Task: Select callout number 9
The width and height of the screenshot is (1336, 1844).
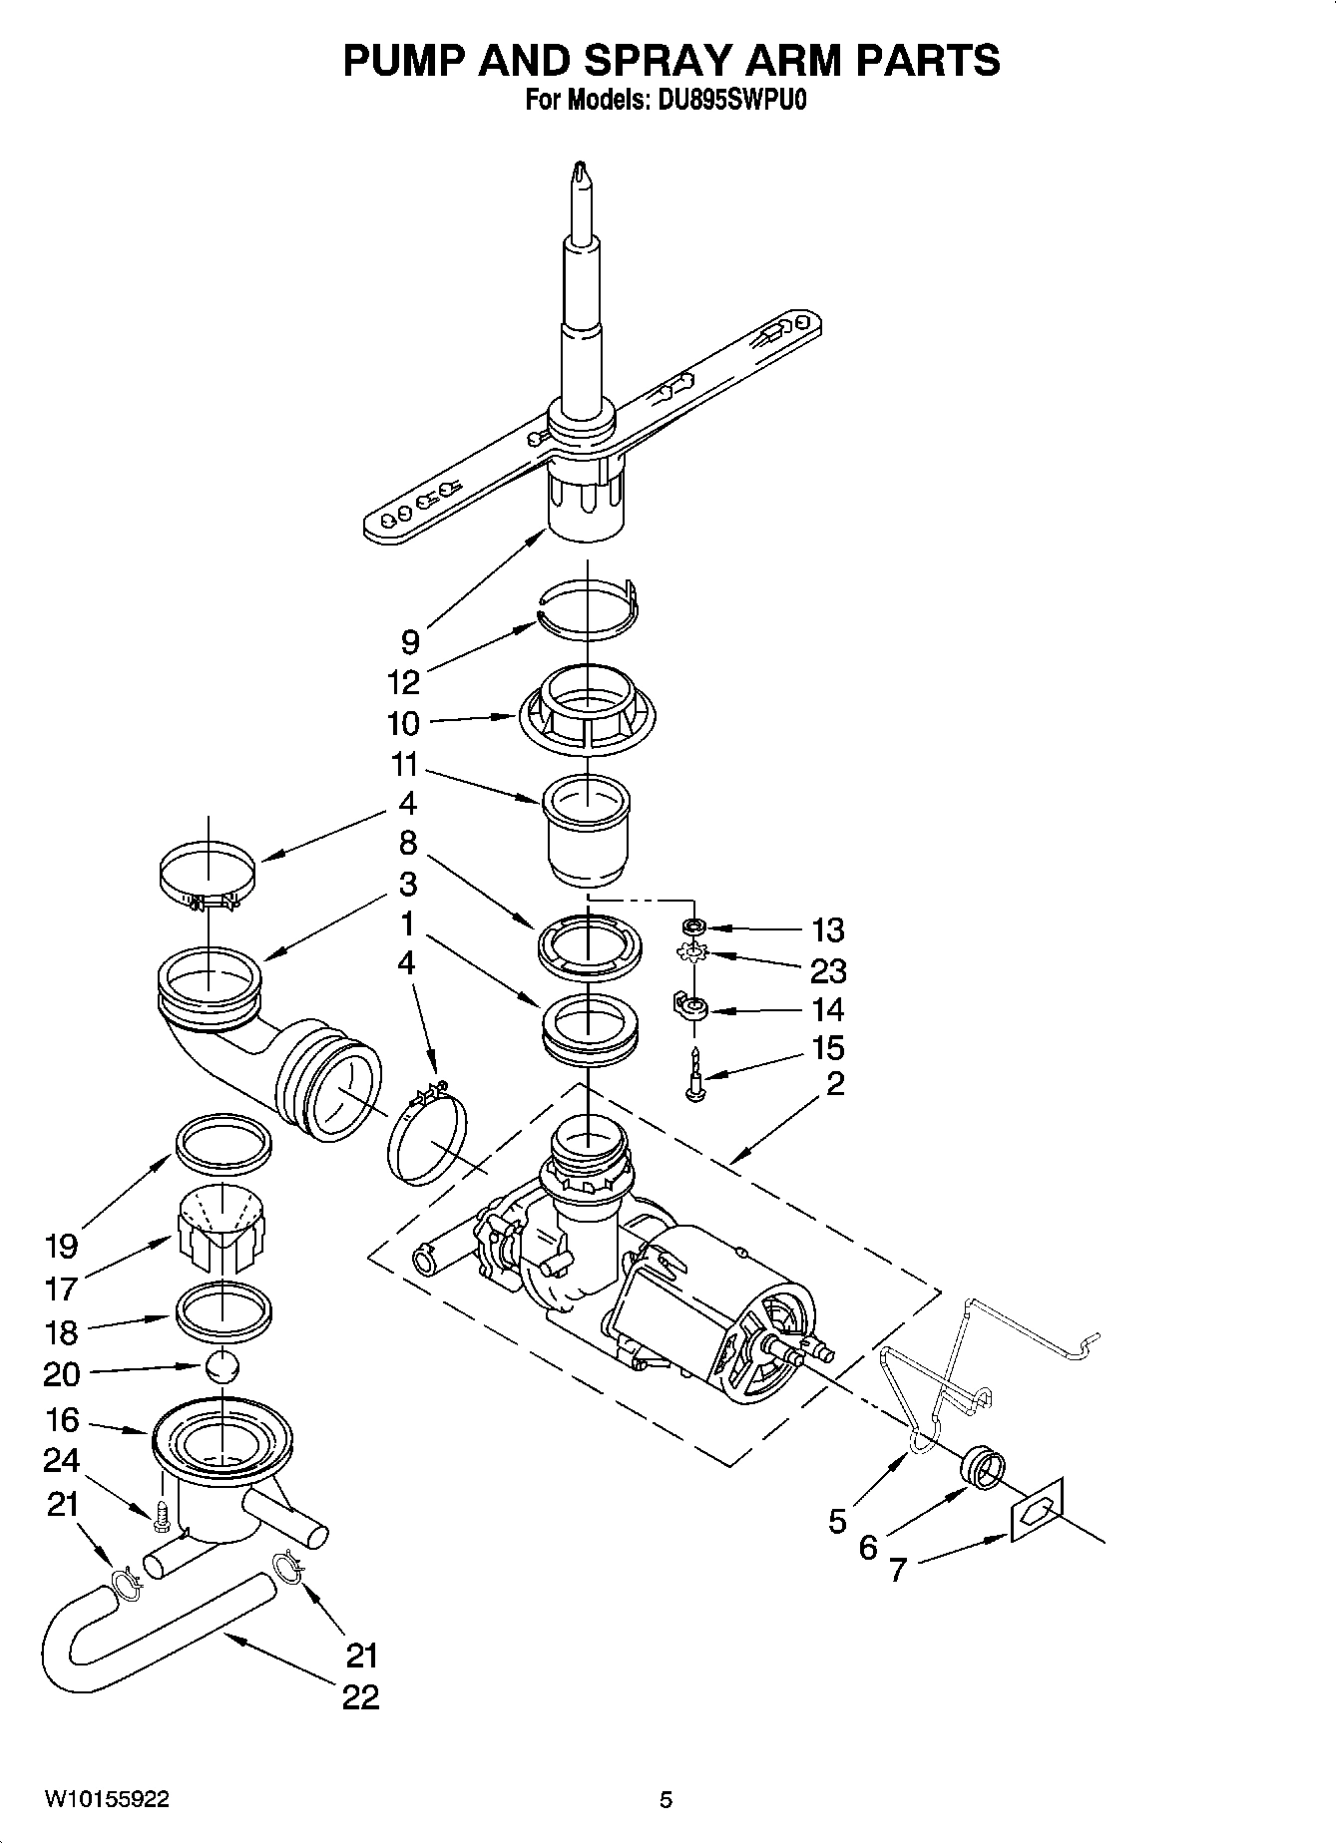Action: pos(410,641)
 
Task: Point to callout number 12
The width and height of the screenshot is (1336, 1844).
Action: pos(404,682)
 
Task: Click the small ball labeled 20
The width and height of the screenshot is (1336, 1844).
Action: pos(223,1365)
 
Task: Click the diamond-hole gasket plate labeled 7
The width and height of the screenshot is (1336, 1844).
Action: pos(1037,1510)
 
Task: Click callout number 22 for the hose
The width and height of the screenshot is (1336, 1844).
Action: pos(360,1696)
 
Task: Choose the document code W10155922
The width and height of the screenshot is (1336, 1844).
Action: pos(107,1800)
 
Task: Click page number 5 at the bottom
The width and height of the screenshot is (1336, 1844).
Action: pos(666,1800)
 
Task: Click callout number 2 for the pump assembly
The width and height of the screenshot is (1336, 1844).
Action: pos(835,1083)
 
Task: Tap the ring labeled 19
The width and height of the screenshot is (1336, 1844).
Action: pos(223,1141)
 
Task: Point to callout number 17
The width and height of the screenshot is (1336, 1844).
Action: pos(61,1289)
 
